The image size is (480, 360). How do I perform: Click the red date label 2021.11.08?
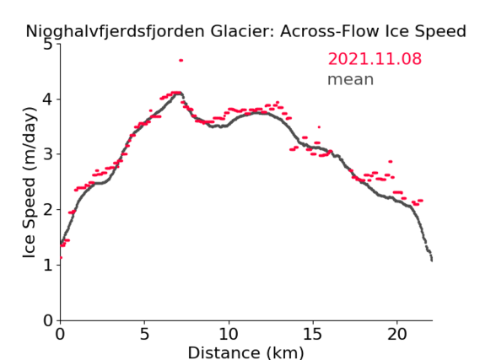click(375, 58)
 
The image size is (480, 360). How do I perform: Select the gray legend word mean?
click(351, 79)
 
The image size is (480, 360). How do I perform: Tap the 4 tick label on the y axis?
click(48, 99)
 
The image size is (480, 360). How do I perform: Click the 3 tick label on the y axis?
click(48, 154)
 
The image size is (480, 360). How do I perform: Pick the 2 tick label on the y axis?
click(48, 210)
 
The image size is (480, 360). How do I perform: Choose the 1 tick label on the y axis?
click(48, 265)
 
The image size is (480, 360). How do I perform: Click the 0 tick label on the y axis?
click(48, 320)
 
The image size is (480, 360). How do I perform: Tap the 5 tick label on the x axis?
click(144, 334)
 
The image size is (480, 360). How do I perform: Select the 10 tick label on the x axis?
click(229, 334)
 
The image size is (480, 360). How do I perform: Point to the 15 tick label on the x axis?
click(313, 334)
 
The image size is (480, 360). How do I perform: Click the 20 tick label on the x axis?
click(397, 334)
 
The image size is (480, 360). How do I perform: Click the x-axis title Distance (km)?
click(245, 352)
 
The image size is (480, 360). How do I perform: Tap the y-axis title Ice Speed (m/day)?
click(30, 183)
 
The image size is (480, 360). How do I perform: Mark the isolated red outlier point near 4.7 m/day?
click(181, 60)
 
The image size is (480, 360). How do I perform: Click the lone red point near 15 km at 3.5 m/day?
click(319, 127)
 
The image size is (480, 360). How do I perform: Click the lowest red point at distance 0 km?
click(61, 257)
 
